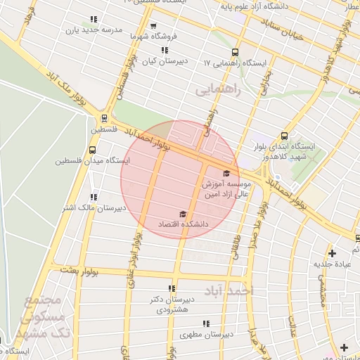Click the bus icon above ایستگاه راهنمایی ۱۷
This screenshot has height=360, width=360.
click(x=235, y=52)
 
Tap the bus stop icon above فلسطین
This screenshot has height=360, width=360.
click(x=104, y=118)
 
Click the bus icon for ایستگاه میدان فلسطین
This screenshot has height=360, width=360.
click(x=93, y=150)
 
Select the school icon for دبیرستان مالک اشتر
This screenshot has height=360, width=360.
click(x=94, y=197)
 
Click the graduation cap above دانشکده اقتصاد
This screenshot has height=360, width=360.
click(x=183, y=213)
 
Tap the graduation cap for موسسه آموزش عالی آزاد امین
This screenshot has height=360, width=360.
click(x=226, y=173)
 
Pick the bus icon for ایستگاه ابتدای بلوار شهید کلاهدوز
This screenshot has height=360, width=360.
click(x=285, y=136)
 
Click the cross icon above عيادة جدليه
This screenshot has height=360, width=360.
click(x=332, y=252)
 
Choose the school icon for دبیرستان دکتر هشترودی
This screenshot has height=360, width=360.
click(x=172, y=288)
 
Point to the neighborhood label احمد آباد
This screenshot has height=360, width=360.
click(x=228, y=290)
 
